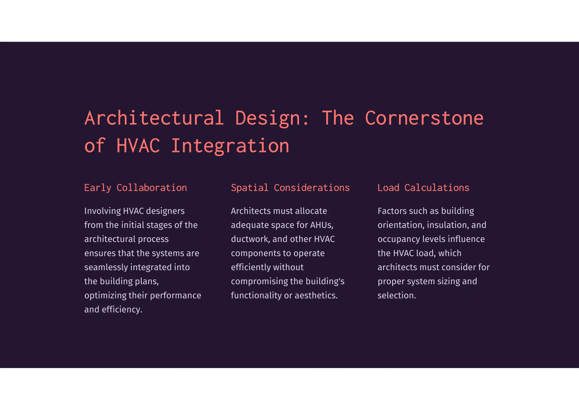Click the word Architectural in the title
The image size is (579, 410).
click(x=154, y=118)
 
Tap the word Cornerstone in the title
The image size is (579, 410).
click(x=424, y=118)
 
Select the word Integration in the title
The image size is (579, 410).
click(x=230, y=146)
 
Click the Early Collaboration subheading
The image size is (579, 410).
click(x=135, y=188)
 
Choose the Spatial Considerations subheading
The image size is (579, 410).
click(x=290, y=188)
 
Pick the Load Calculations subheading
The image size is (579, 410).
click(x=423, y=188)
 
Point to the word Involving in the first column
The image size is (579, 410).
click(x=102, y=211)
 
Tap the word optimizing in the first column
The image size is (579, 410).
click(x=105, y=296)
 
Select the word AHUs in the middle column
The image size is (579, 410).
click(x=321, y=225)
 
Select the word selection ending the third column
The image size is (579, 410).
click(x=396, y=296)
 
